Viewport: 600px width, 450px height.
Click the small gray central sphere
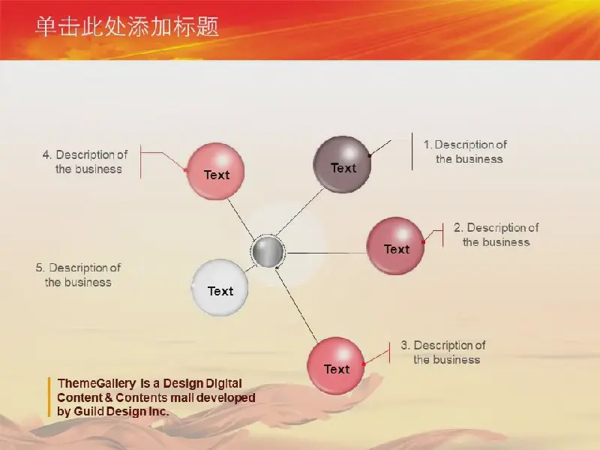click(268, 251)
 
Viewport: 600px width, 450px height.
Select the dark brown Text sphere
click(342, 164)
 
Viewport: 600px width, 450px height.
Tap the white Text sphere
click(220, 287)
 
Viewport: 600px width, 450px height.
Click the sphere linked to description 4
click(216, 171)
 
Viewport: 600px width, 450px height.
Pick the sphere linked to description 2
click(396, 246)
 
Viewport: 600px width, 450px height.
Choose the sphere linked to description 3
click(336, 366)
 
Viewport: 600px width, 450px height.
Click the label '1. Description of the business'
click(465, 152)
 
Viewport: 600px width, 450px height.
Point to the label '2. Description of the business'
click(496, 235)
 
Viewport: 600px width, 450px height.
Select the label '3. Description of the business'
click(443, 352)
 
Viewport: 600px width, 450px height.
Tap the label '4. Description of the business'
click(85, 162)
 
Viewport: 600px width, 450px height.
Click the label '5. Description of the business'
click(78, 275)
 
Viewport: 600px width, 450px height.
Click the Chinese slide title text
click(127, 27)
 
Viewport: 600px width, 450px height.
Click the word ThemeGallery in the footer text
click(97, 383)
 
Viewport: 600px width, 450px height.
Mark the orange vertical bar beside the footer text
click(49, 397)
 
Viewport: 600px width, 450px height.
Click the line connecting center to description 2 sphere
click(327, 253)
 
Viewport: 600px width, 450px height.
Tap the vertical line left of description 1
click(412, 151)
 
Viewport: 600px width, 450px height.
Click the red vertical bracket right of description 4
click(141, 161)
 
